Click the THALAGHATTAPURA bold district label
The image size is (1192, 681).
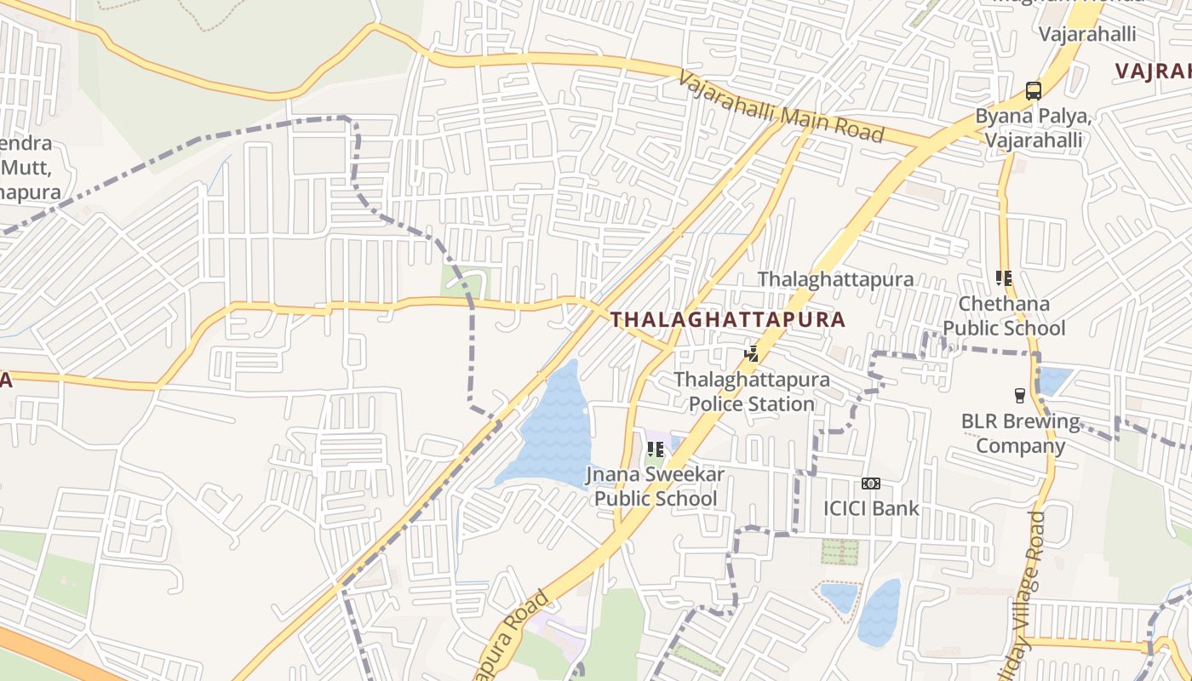pyautogui.click(x=728, y=320)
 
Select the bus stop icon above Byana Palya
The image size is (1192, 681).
pyautogui.click(x=1033, y=90)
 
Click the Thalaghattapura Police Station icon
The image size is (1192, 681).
pyautogui.click(x=751, y=353)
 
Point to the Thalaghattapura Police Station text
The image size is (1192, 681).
pyautogui.click(x=751, y=392)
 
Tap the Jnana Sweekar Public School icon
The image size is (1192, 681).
pyautogui.click(x=655, y=449)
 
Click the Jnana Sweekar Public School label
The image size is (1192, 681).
pyautogui.click(x=655, y=486)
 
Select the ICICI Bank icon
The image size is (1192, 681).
pyautogui.click(x=870, y=484)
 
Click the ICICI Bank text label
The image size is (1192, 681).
pyautogui.click(x=870, y=508)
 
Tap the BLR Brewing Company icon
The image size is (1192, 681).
pyautogui.click(x=1019, y=395)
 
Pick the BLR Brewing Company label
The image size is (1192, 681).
pyautogui.click(x=1019, y=433)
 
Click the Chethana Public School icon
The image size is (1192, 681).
pyautogui.click(x=1004, y=278)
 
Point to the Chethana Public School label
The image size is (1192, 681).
pyautogui.click(x=1004, y=316)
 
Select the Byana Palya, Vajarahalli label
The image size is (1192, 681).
pyautogui.click(x=1033, y=128)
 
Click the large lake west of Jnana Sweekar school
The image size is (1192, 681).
pyautogui.click(x=549, y=434)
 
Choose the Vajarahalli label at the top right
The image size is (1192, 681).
pyautogui.click(x=1087, y=34)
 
